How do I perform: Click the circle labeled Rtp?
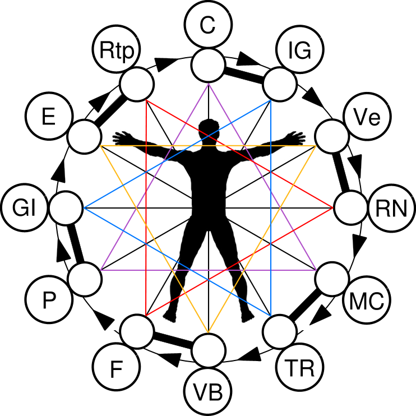click(117, 49)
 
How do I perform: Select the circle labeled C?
click(208, 25)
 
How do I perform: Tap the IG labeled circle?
click(300, 49)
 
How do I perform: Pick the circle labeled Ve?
click(367, 117)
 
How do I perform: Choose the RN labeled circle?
click(391, 208)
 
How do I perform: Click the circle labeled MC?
click(367, 300)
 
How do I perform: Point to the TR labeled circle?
click(300, 367)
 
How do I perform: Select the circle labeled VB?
click(208, 391)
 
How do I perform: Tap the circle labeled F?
click(117, 367)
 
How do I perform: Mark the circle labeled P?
click(49, 300)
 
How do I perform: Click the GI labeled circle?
click(25, 208)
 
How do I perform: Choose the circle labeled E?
click(49, 117)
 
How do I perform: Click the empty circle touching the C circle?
click(208, 65)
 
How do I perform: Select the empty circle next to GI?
click(66, 208)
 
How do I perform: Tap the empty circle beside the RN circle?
click(350, 208)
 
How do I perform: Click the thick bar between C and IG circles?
click(244, 75)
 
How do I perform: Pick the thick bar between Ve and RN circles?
click(341, 173)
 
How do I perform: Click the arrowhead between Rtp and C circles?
click(165, 64)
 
